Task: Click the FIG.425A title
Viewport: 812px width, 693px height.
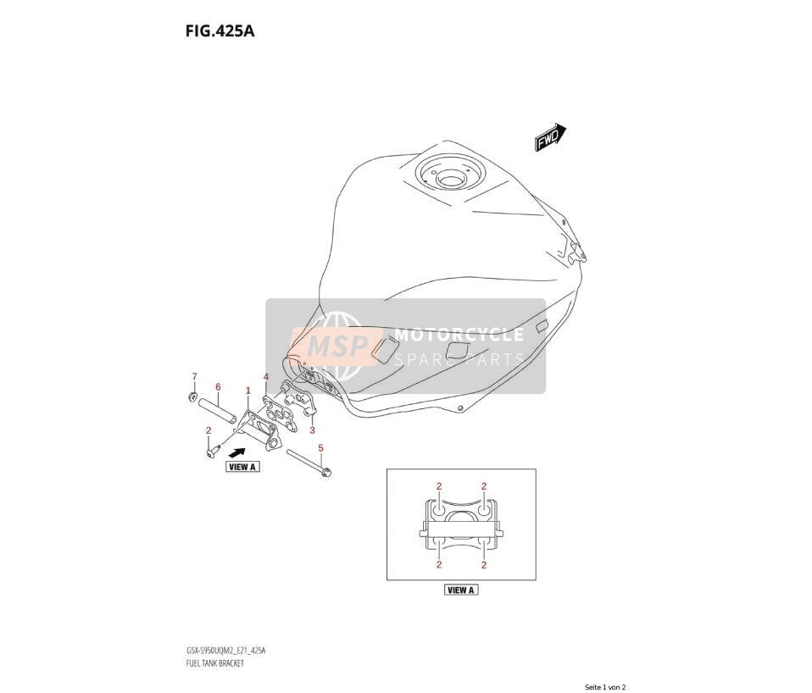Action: click(220, 31)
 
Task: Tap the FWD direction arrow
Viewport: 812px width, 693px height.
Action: click(550, 137)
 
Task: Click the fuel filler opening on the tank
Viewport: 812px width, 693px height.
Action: click(452, 180)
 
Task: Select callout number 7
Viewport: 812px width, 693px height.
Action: click(195, 376)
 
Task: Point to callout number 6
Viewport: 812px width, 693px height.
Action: click(218, 386)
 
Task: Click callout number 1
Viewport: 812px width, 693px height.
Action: click(248, 391)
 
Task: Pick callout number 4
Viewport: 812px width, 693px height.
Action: click(265, 376)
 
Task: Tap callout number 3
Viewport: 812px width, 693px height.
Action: click(312, 430)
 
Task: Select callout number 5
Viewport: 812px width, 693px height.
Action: click(320, 447)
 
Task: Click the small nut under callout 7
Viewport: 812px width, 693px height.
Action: click(193, 397)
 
